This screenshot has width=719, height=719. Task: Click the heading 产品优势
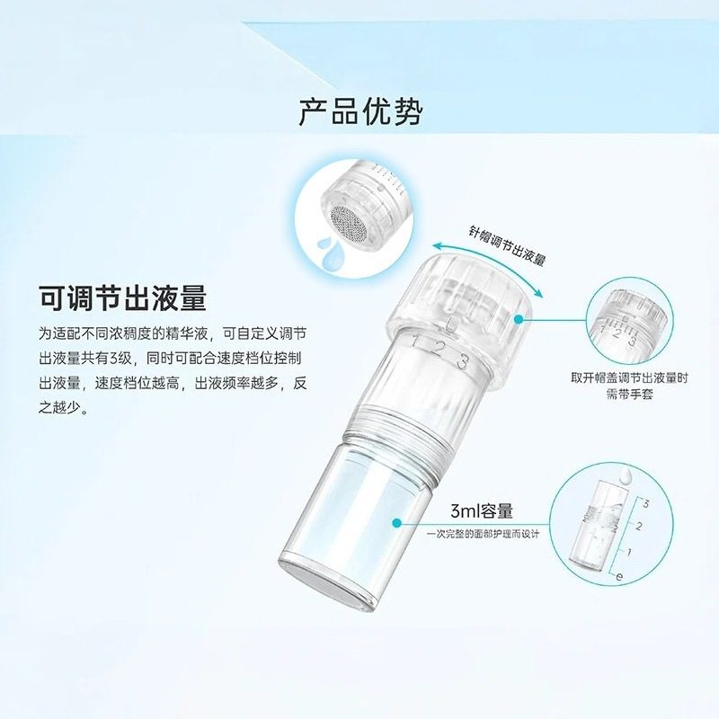click(x=359, y=111)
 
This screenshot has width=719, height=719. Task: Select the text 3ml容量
click(x=482, y=511)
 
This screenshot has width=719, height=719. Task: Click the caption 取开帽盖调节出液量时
click(x=629, y=378)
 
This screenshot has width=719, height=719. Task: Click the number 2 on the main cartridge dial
click(x=439, y=352)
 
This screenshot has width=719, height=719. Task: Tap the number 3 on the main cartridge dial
click(x=462, y=362)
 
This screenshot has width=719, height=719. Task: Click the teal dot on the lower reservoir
click(x=396, y=521)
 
